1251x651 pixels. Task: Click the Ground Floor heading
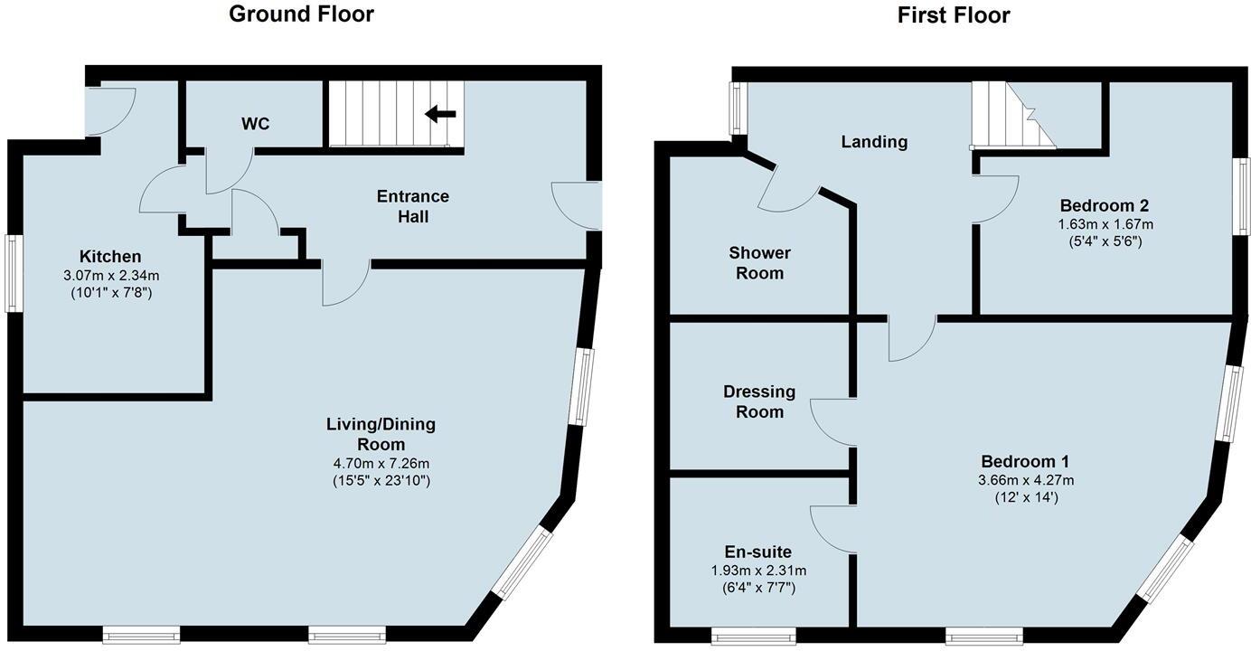click(301, 14)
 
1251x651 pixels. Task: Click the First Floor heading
click(954, 14)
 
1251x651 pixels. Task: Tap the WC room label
click(256, 124)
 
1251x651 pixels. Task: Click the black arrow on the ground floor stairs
click(440, 113)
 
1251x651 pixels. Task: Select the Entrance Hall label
click(412, 206)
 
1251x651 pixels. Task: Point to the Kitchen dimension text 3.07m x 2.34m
click(110, 275)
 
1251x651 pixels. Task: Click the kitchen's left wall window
click(14, 273)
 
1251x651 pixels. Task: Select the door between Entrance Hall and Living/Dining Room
click(345, 282)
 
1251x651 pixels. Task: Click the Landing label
click(873, 141)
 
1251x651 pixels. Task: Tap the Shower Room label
click(759, 262)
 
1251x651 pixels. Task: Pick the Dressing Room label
click(759, 401)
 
